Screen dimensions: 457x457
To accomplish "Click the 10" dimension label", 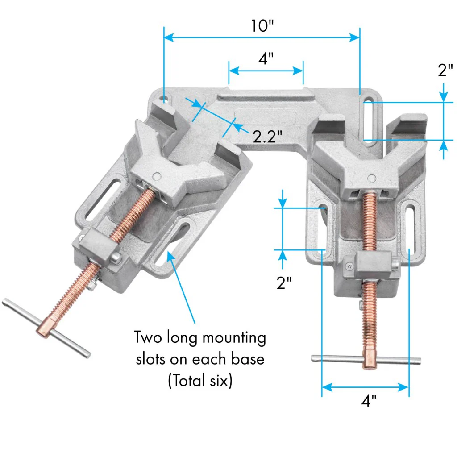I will tap(262, 26).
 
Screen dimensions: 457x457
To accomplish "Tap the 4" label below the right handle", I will tap(369, 401).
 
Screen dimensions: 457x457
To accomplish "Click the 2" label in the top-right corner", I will tap(445, 71).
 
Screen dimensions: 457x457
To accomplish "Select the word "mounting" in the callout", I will tap(234, 338).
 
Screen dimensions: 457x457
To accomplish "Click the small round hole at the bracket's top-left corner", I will tap(165, 97).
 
